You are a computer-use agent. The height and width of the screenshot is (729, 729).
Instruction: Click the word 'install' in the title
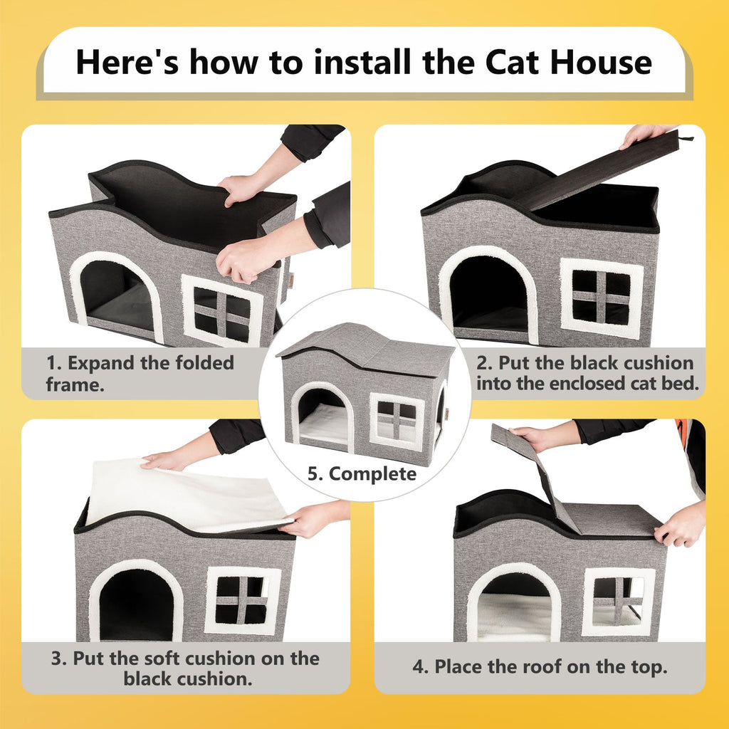tap(360, 62)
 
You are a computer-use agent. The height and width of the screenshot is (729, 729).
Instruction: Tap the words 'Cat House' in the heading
tap(568, 62)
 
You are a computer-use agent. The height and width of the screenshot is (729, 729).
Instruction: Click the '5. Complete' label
tap(362, 473)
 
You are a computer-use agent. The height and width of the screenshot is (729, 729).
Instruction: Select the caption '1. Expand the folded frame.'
tap(140, 373)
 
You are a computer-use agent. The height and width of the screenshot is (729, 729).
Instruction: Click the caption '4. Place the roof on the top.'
tap(540, 667)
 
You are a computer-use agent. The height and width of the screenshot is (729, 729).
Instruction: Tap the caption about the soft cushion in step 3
tap(185, 667)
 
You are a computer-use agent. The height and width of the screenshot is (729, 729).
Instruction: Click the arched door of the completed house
tap(322, 416)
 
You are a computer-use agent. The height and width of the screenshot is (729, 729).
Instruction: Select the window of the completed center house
tap(397, 421)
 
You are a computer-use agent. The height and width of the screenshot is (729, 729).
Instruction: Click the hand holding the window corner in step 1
tap(246, 260)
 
